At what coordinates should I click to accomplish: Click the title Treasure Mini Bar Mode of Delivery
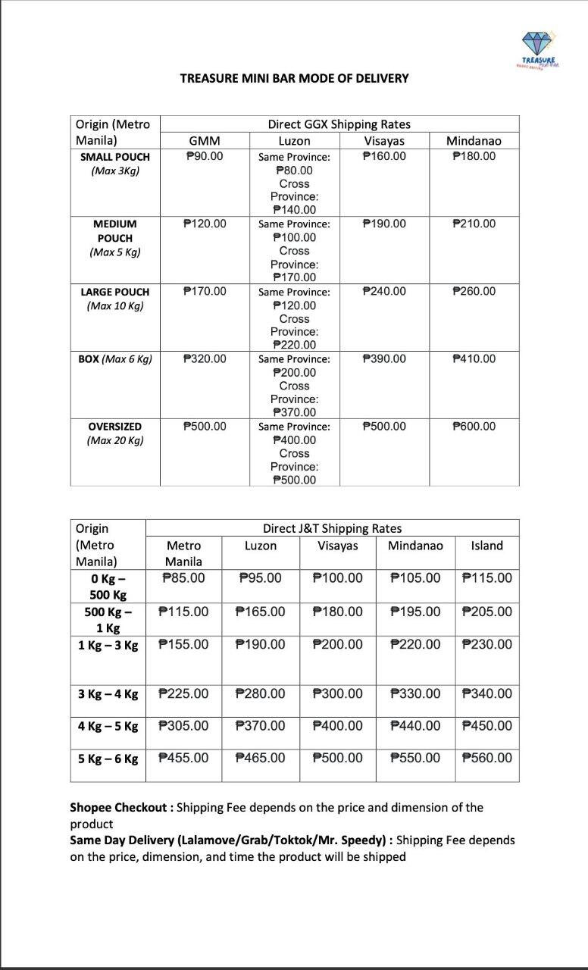(x=294, y=78)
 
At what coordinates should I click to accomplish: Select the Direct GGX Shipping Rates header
(x=339, y=124)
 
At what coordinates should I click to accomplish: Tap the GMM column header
(x=205, y=141)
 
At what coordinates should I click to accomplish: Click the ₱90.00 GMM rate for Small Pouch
(x=205, y=156)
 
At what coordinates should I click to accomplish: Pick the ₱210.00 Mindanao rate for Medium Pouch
(x=474, y=224)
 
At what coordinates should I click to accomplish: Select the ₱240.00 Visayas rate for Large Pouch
(x=384, y=291)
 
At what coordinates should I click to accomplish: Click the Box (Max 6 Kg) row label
(x=115, y=358)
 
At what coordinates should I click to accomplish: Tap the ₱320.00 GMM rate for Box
(x=205, y=358)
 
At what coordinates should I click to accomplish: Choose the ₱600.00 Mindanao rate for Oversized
(x=474, y=426)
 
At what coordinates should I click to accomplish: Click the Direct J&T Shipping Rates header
(x=332, y=528)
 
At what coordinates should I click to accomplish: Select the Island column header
(x=486, y=546)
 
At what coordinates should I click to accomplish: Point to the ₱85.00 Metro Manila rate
(x=183, y=578)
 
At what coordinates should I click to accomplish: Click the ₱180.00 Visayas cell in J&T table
(x=337, y=612)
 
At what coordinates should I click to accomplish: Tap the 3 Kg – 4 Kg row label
(x=108, y=694)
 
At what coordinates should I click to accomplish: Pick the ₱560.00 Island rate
(x=486, y=758)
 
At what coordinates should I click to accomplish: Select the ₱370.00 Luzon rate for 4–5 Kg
(x=261, y=726)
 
